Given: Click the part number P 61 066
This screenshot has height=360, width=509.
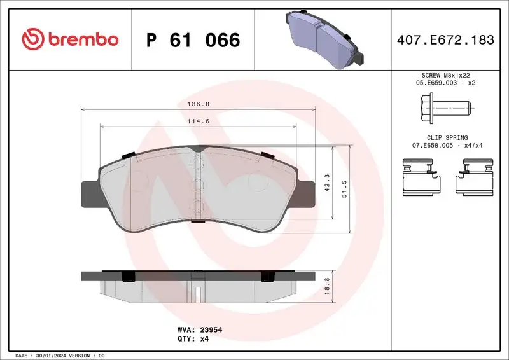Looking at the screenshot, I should (193, 40).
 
